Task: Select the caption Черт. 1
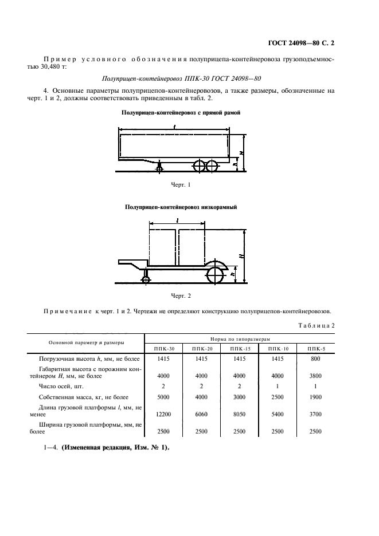coord(181,184)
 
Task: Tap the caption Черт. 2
coord(181,295)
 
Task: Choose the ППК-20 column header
coord(202,348)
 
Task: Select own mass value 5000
coord(163,397)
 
